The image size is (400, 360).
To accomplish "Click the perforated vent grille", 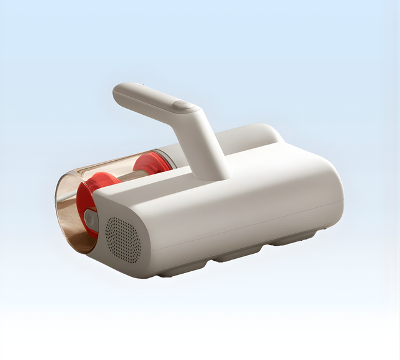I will pyautogui.click(x=123, y=238).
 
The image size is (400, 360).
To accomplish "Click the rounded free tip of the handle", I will pyautogui.click(x=120, y=93).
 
